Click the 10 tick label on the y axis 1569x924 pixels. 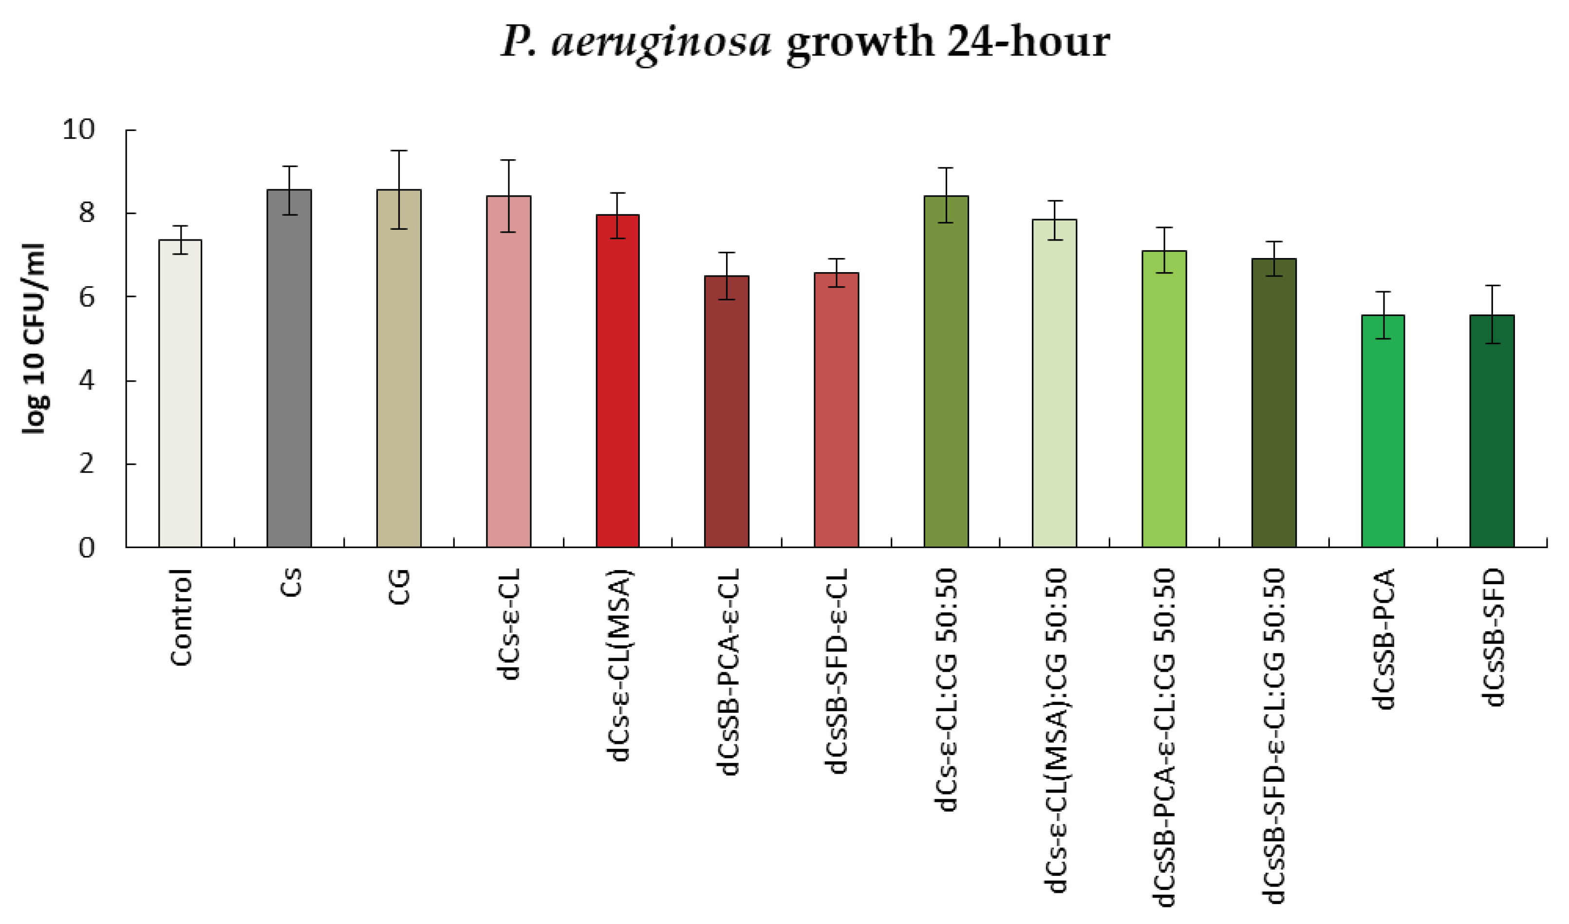tap(79, 130)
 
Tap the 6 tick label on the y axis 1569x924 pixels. tap(87, 297)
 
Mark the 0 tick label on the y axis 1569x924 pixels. tap(87, 548)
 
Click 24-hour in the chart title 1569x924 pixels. tap(1027, 42)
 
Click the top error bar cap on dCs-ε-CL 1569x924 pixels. tap(509, 160)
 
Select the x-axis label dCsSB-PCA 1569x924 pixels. tap(1383, 639)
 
